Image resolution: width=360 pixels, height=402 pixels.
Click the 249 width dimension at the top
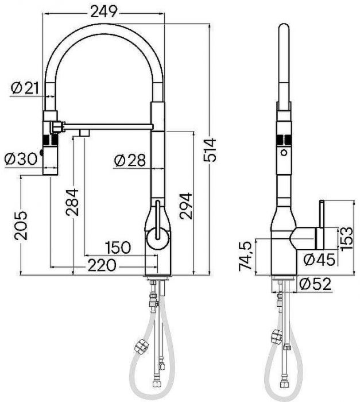pyautogui.click(x=104, y=11)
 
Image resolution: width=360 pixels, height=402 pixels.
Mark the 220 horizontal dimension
pyautogui.click(x=103, y=265)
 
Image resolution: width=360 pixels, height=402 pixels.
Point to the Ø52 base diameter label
pyautogui.click(x=313, y=283)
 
